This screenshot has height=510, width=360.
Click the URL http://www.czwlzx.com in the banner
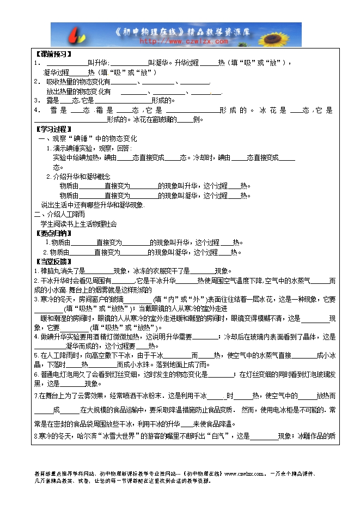(x=184, y=40)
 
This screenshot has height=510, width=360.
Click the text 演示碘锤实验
(x=73, y=148)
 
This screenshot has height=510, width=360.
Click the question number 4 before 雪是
(x=36, y=110)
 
